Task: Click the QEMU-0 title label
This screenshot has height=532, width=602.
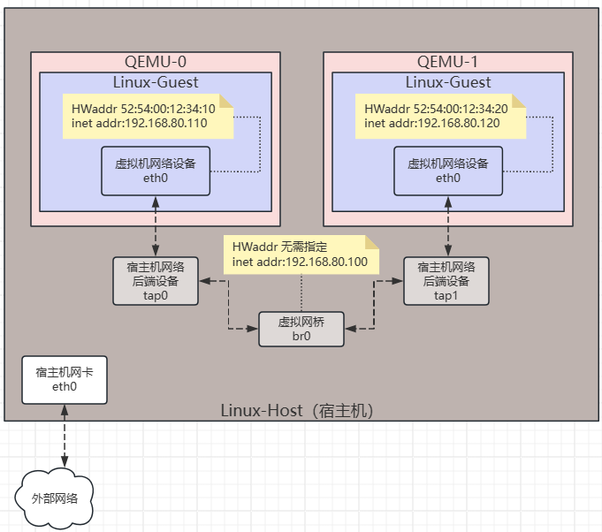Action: click(156, 62)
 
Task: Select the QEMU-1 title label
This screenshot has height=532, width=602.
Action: click(447, 62)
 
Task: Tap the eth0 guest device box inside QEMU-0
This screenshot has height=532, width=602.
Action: click(156, 171)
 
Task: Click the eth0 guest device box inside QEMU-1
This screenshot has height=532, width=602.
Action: click(448, 171)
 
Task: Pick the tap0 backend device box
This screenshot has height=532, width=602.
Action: click(156, 281)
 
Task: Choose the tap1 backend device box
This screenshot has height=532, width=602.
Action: click(446, 281)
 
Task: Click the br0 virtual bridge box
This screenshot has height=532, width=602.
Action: click(301, 329)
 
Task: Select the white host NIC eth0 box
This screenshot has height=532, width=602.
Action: click(65, 380)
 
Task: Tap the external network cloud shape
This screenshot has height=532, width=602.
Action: click(54, 498)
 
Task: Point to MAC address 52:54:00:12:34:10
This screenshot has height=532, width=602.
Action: click(168, 109)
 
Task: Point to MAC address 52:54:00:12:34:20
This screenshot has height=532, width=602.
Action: click(461, 109)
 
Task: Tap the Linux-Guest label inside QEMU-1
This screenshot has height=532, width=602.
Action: click(448, 82)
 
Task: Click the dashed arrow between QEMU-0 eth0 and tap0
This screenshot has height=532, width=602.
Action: click(156, 226)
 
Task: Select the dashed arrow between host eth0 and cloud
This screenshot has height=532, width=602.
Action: click(65, 436)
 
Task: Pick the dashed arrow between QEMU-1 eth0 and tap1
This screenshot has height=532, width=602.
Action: click(448, 226)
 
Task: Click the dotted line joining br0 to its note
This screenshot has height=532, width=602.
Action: click(301, 293)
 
